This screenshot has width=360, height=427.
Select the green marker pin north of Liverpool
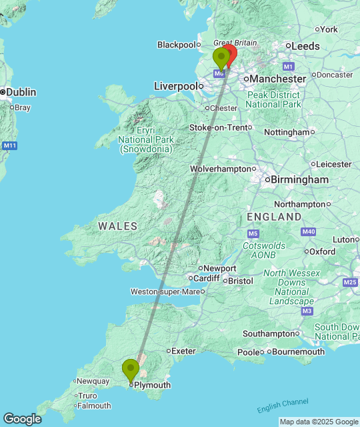click(x=221, y=58)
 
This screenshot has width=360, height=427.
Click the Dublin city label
click(x=21, y=92)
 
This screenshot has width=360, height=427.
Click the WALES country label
click(x=118, y=226)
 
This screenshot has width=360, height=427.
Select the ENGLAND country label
click(x=274, y=218)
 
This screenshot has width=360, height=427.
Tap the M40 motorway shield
click(x=307, y=232)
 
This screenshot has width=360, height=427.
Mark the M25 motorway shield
click(x=350, y=283)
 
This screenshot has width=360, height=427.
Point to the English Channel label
click(x=283, y=405)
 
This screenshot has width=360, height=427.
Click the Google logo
click(x=21, y=419)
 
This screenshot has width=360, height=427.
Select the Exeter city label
click(x=183, y=350)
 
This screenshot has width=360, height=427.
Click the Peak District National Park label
click(x=273, y=99)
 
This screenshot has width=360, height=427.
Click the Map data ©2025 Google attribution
click(x=319, y=422)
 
